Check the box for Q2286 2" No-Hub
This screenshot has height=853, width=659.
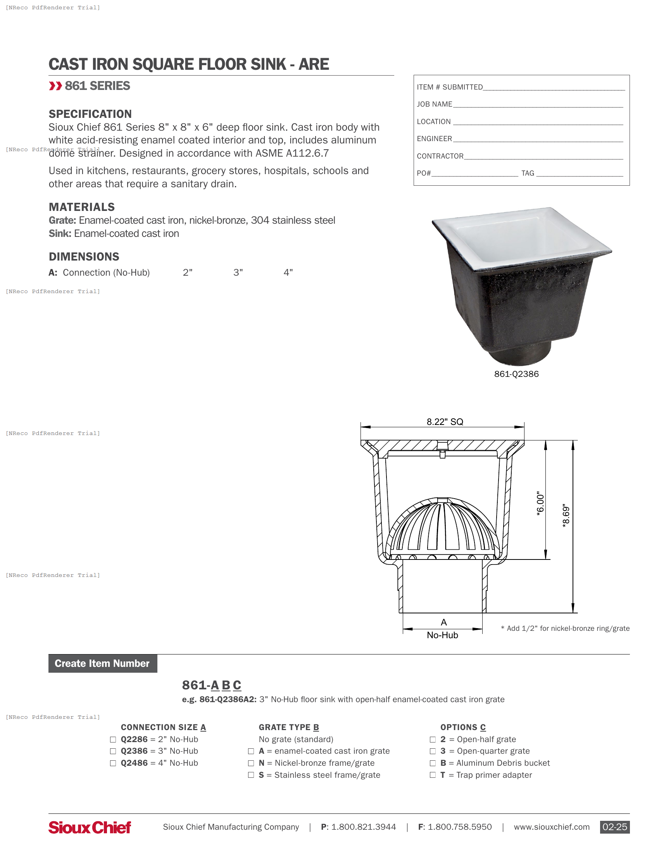pyautogui.click(x=113, y=739)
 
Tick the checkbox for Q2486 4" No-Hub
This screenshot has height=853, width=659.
pyautogui.click(x=113, y=763)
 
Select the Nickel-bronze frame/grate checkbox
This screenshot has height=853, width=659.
pyautogui.click(x=251, y=763)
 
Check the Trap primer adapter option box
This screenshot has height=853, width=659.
pyautogui.click(x=433, y=775)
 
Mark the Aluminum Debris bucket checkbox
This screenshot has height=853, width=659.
pyautogui.click(x=433, y=763)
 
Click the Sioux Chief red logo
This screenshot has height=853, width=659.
pyautogui.click(x=90, y=827)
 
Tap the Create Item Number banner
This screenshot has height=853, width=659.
pyautogui.click(x=102, y=663)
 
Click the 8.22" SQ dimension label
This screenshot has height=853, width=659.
pyautogui.click(x=445, y=422)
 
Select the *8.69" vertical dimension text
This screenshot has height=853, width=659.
pyautogui.click(x=566, y=516)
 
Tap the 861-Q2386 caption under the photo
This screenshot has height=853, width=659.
pyautogui.click(x=516, y=374)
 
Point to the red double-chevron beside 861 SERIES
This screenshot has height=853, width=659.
pyautogui.click(x=55, y=86)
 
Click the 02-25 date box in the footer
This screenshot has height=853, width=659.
pyautogui.click(x=614, y=827)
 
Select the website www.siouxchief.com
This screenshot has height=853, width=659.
pyautogui.click(x=551, y=827)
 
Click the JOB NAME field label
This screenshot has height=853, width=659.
pyautogui.click(x=434, y=104)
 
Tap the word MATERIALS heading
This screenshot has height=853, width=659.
pyautogui.click(x=81, y=207)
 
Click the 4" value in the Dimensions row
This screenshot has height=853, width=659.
pyautogui.click(x=288, y=273)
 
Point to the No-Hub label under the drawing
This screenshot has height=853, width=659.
pyautogui.click(x=442, y=635)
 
